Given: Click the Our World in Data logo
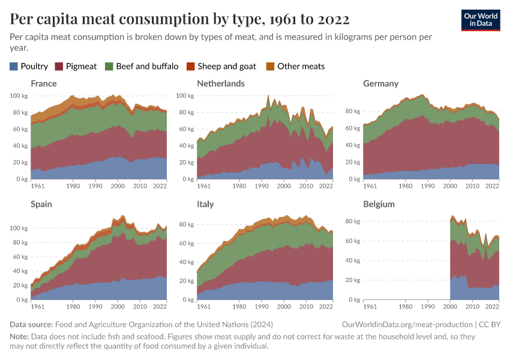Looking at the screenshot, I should pos(480,19).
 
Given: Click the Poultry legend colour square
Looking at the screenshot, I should pos(14,66).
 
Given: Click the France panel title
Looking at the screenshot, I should pos(44,83).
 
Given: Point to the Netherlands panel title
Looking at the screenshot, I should pos(221,83).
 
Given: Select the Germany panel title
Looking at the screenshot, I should pos(381,83).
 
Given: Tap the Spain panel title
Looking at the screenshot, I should pos(41,204).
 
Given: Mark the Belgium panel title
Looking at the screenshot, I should pos(379,204).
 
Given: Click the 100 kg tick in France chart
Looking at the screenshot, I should pos(19,95).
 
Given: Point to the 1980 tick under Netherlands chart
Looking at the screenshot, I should pos(239,187).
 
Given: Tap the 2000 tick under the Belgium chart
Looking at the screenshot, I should pos(450,307).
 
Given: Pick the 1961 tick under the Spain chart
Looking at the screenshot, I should pos(37,307).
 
